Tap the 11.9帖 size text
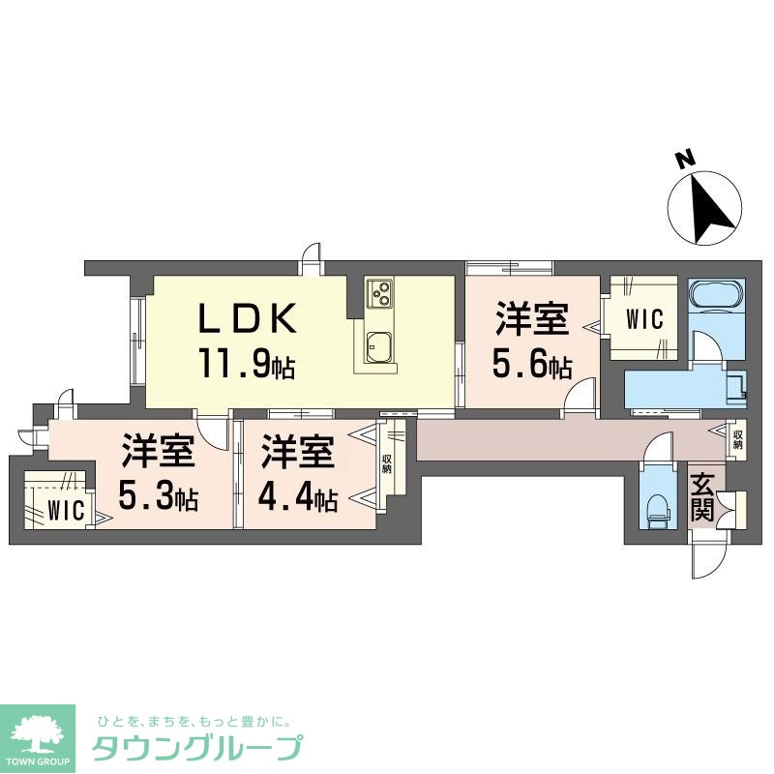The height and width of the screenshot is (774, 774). pos(247,365)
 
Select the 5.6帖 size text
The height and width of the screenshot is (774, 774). pos(531,365)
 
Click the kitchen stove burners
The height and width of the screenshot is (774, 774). pos(378,291)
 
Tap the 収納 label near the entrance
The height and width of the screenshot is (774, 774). pos(737,440)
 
